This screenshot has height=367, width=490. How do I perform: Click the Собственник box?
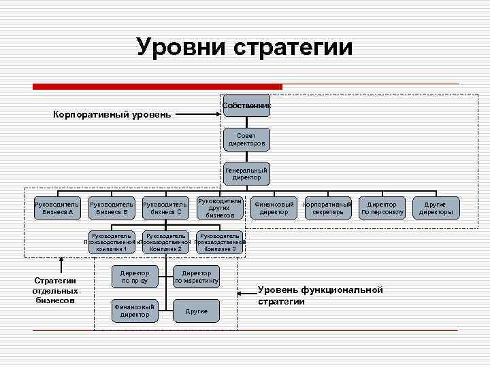(x=246, y=105)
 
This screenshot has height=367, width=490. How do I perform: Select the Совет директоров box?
(x=246, y=139)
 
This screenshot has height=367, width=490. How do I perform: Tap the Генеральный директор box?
(x=246, y=173)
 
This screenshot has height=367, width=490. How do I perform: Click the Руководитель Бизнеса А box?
(x=57, y=207)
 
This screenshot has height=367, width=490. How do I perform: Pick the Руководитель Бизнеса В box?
(x=112, y=207)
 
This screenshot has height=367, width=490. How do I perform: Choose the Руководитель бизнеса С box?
(x=165, y=207)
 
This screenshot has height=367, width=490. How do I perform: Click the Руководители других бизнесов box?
(x=219, y=207)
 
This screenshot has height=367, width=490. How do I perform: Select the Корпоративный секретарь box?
(x=328, y=207)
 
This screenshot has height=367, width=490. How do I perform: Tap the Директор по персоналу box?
(x=382, y=207)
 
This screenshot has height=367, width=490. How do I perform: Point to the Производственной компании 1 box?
(x=110, y=243)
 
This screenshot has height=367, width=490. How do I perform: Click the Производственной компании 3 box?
(x=219, y=243)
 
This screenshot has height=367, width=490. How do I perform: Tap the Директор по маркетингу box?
(x=197, y=276)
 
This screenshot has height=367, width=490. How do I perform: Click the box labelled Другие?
(x=197, y=311)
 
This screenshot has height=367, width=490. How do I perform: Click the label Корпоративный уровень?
(x=112, y=114)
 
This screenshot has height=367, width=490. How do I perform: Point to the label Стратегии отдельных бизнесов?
(x=55, y=290)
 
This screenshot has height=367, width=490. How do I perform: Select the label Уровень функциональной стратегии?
(x=320, y=296)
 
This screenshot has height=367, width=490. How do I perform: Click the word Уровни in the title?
(x=181, y=48)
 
